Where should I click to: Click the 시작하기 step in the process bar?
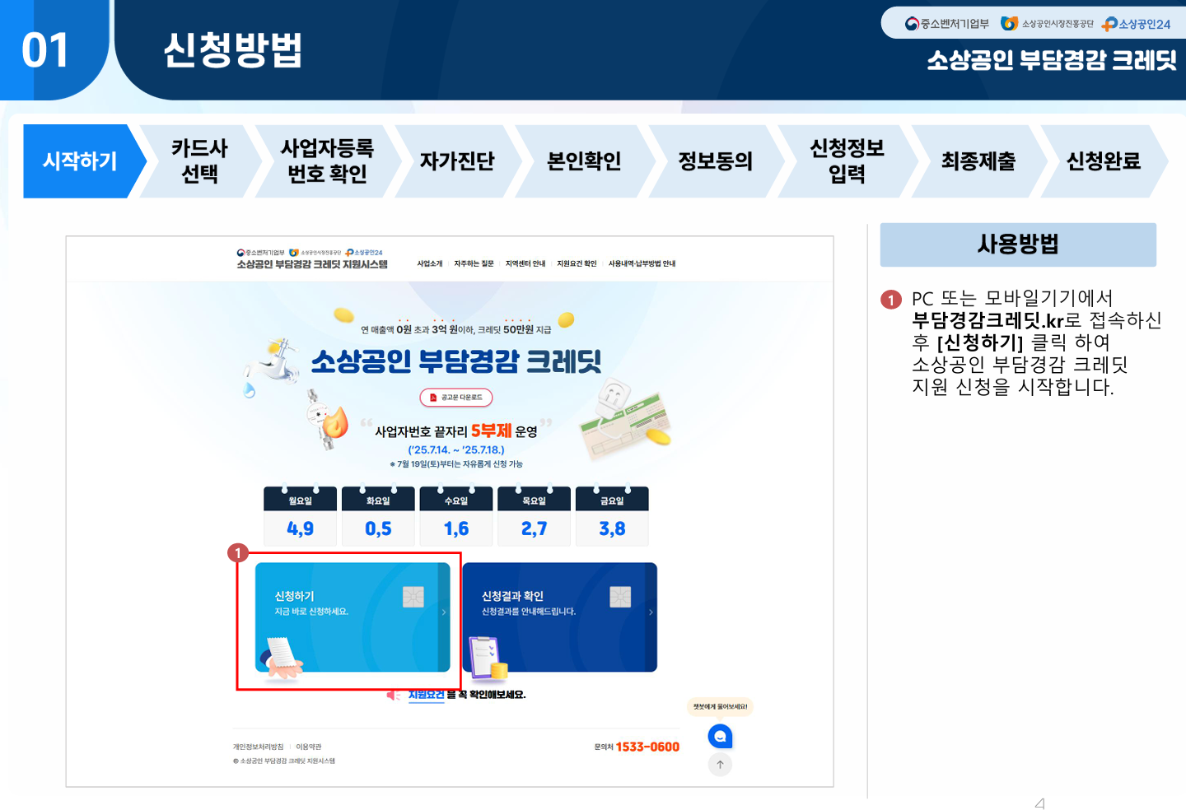click(80, 161)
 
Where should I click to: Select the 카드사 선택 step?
click(199, 161)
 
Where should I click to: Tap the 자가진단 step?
click(457, 161)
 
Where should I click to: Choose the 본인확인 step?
click(584, 161)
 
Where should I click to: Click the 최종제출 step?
click(978, 161)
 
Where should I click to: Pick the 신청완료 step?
click(1104, 161)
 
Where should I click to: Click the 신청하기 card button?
click(353, 617)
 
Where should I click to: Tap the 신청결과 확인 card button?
click(560, 617)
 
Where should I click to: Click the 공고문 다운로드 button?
click(456, 398)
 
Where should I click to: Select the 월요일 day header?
click(300, 500)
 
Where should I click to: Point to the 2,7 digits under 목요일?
click(534, 528)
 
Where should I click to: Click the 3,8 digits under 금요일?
click(612, 528)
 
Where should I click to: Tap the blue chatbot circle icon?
click(720, 736)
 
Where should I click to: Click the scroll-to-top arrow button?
click(720, 765)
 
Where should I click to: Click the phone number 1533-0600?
click(647, 747)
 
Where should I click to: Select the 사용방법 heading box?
click(1018, 244)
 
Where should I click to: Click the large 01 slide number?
click(45, 51)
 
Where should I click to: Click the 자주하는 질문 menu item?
click(474, 264)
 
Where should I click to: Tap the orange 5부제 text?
click(491, 431)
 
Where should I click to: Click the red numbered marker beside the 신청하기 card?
click(238, 553)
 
